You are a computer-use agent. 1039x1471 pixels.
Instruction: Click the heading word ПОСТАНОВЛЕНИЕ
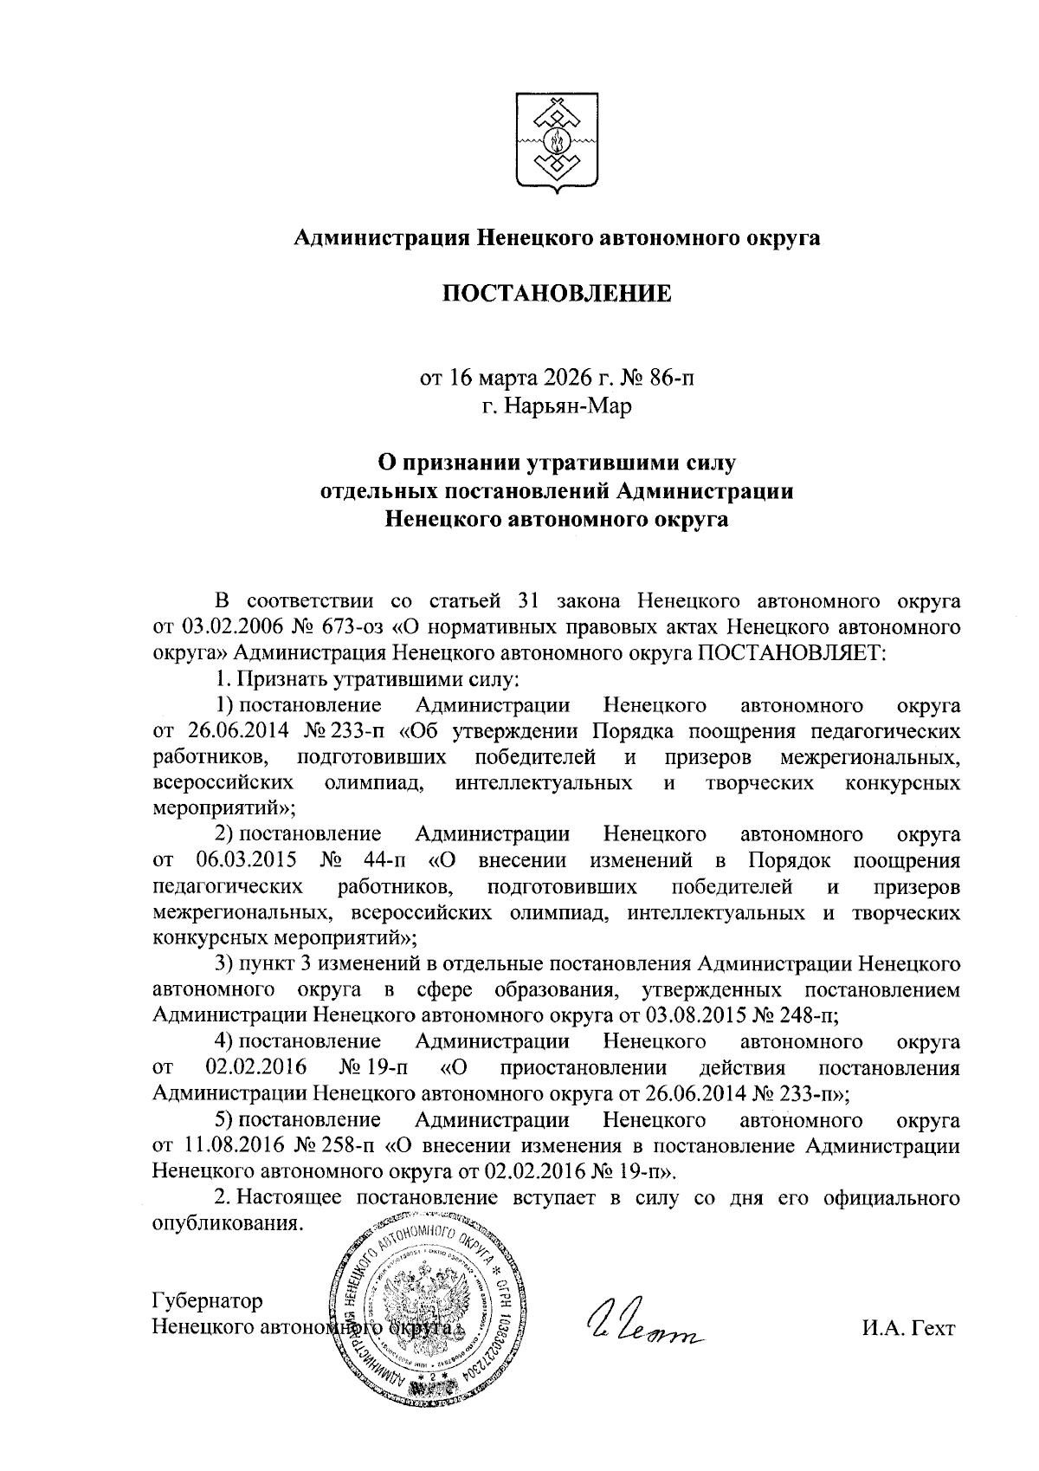[x=558, y=295]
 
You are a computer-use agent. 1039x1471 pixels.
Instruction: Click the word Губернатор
[x=207, y=1302]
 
